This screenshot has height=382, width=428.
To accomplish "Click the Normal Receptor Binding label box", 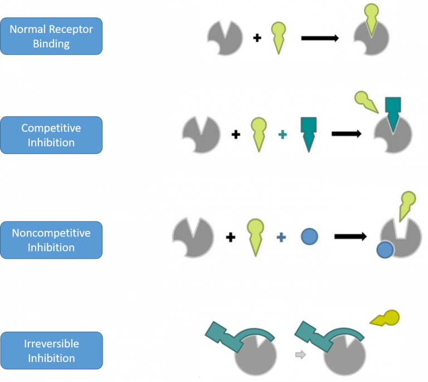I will click(51, 36).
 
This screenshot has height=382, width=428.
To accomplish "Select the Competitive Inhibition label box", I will click(51, 135).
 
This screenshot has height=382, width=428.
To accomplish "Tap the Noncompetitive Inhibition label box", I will click(51, 240).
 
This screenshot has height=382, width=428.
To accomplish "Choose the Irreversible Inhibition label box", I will click(51, 350).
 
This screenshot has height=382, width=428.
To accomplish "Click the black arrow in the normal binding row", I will click(320, 38).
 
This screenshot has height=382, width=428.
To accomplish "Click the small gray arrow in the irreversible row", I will click(300, 355).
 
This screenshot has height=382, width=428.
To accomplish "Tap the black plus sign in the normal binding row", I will click(257, 38).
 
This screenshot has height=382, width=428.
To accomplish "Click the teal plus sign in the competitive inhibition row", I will click(283, 134).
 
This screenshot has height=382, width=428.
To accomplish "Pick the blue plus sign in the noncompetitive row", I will click(281, 237).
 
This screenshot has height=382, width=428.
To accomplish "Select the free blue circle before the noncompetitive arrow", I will click(309, 236).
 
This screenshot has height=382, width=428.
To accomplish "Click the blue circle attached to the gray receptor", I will click(385, 250).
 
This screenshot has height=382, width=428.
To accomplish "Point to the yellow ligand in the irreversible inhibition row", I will click(386, 318).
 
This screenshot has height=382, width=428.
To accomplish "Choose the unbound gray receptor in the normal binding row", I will click(225, 38).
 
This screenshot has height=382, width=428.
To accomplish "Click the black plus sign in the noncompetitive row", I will click(231, 237).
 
